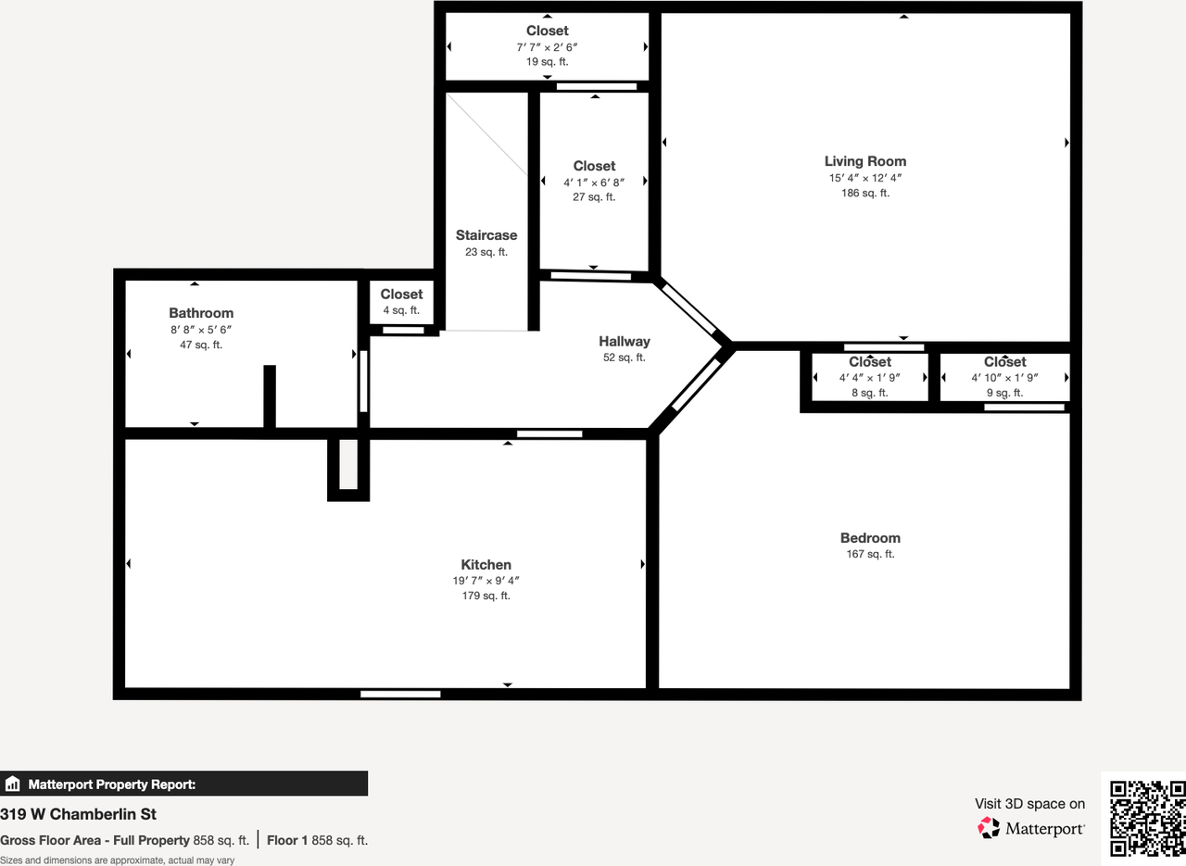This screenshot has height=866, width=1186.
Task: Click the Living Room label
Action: coord(865,161)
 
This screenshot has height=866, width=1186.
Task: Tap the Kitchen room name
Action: coord(486,564)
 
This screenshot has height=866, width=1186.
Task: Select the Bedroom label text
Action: coord(870,538)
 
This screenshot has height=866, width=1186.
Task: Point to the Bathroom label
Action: coord(201,313)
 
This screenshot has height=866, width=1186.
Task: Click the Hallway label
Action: coord(625,342)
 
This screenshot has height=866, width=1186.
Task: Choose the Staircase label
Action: coord(486,235)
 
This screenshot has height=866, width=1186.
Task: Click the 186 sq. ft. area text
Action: coord(865,194)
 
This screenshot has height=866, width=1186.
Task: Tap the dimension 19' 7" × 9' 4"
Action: coord(486,581)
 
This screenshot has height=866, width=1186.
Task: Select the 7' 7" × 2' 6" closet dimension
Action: coord(547,47)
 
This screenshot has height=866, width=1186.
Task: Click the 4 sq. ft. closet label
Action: coord(401,310)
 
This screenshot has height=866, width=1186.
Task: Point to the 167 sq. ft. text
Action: coord(870,554)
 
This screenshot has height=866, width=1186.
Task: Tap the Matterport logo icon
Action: coord(989,828)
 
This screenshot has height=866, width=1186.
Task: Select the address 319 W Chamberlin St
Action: coord(79,814)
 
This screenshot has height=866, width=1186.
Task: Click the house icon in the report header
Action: coord(12,784)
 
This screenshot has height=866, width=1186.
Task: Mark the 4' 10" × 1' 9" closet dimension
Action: coord(1004,377)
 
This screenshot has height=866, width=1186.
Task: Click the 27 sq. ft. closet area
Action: coord(594,197)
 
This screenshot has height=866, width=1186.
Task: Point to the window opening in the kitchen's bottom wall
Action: coord(400,694)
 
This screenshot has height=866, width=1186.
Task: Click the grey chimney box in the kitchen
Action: coord(348,464)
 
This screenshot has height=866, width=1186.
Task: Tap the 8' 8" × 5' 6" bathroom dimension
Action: coord(201,330)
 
